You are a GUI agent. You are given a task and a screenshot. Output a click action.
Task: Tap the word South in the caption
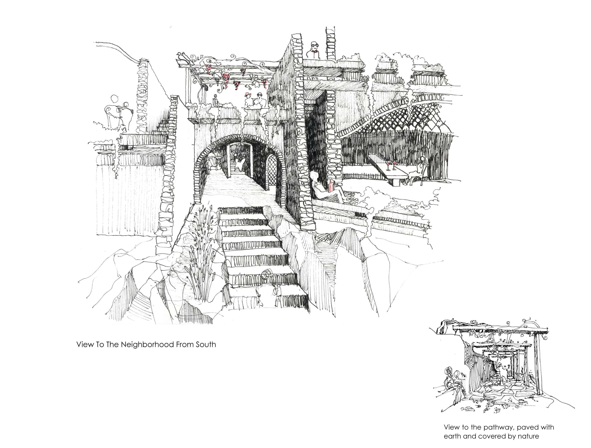(206, 345)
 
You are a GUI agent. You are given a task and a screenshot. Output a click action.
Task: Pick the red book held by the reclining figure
(331, 186)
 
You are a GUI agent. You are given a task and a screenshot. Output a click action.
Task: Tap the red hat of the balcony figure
(247, 94)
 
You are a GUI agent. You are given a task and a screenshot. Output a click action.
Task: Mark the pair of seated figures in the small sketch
(453, 385)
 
